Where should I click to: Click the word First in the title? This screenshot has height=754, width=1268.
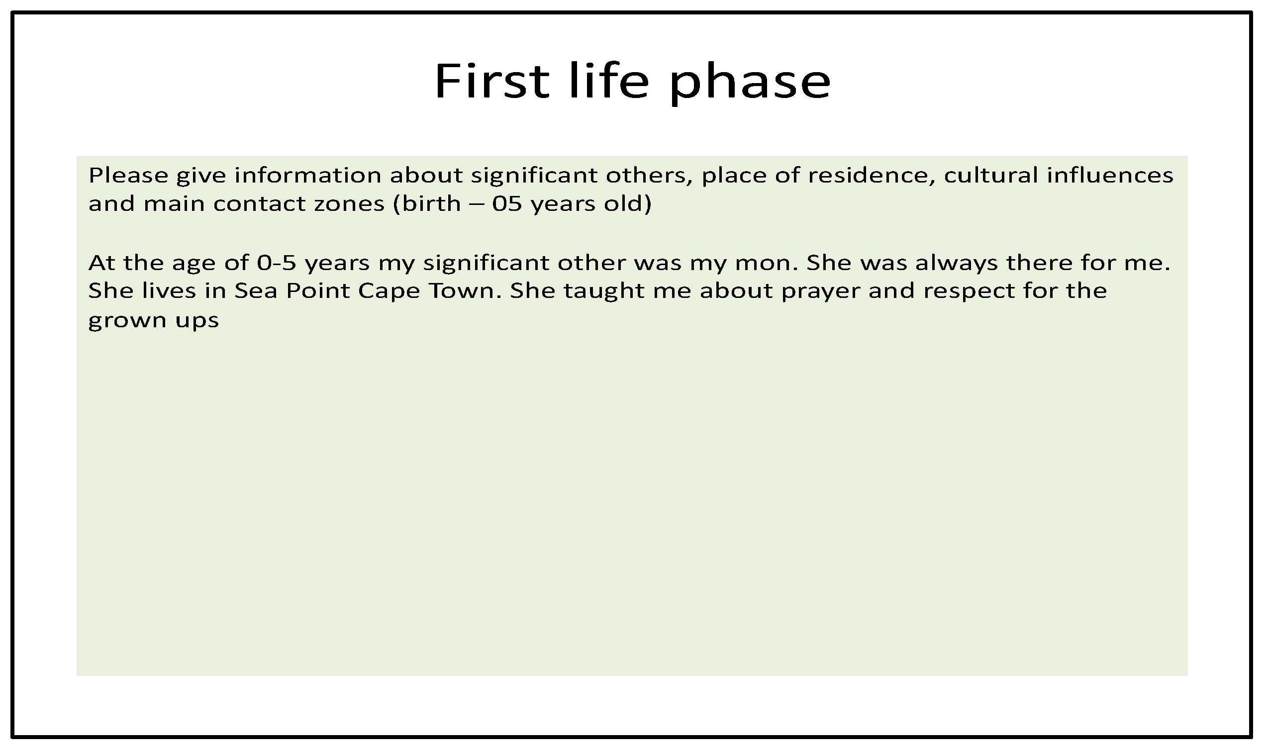click(x=492, y=81)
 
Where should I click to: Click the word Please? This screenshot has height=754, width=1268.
click(x=128, y=175)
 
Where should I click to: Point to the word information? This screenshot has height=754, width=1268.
click(x=307, y=175)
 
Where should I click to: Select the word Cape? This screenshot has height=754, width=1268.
click(x=389, y=292)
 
